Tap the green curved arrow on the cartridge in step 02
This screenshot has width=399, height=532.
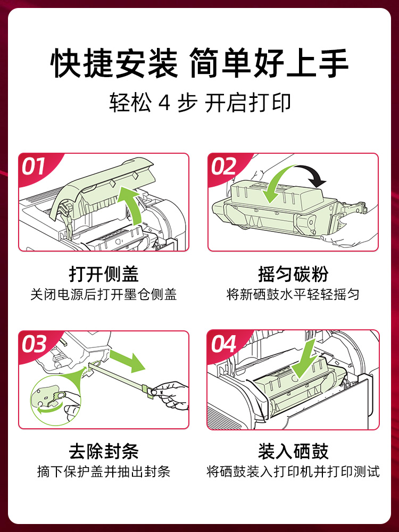click(277, 184)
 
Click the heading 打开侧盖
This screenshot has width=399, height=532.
click(104, 274)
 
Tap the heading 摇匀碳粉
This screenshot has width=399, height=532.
click(293, 274)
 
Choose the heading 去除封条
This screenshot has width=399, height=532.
click(104, 452)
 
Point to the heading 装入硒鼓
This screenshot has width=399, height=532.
click(293, 452)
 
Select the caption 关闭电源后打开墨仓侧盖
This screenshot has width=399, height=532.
click(104, 294)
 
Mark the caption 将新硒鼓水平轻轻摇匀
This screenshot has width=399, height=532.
click(293, 294)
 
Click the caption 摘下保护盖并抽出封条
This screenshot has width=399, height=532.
click(104, 471)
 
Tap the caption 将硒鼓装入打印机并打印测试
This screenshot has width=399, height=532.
click(293, 471)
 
